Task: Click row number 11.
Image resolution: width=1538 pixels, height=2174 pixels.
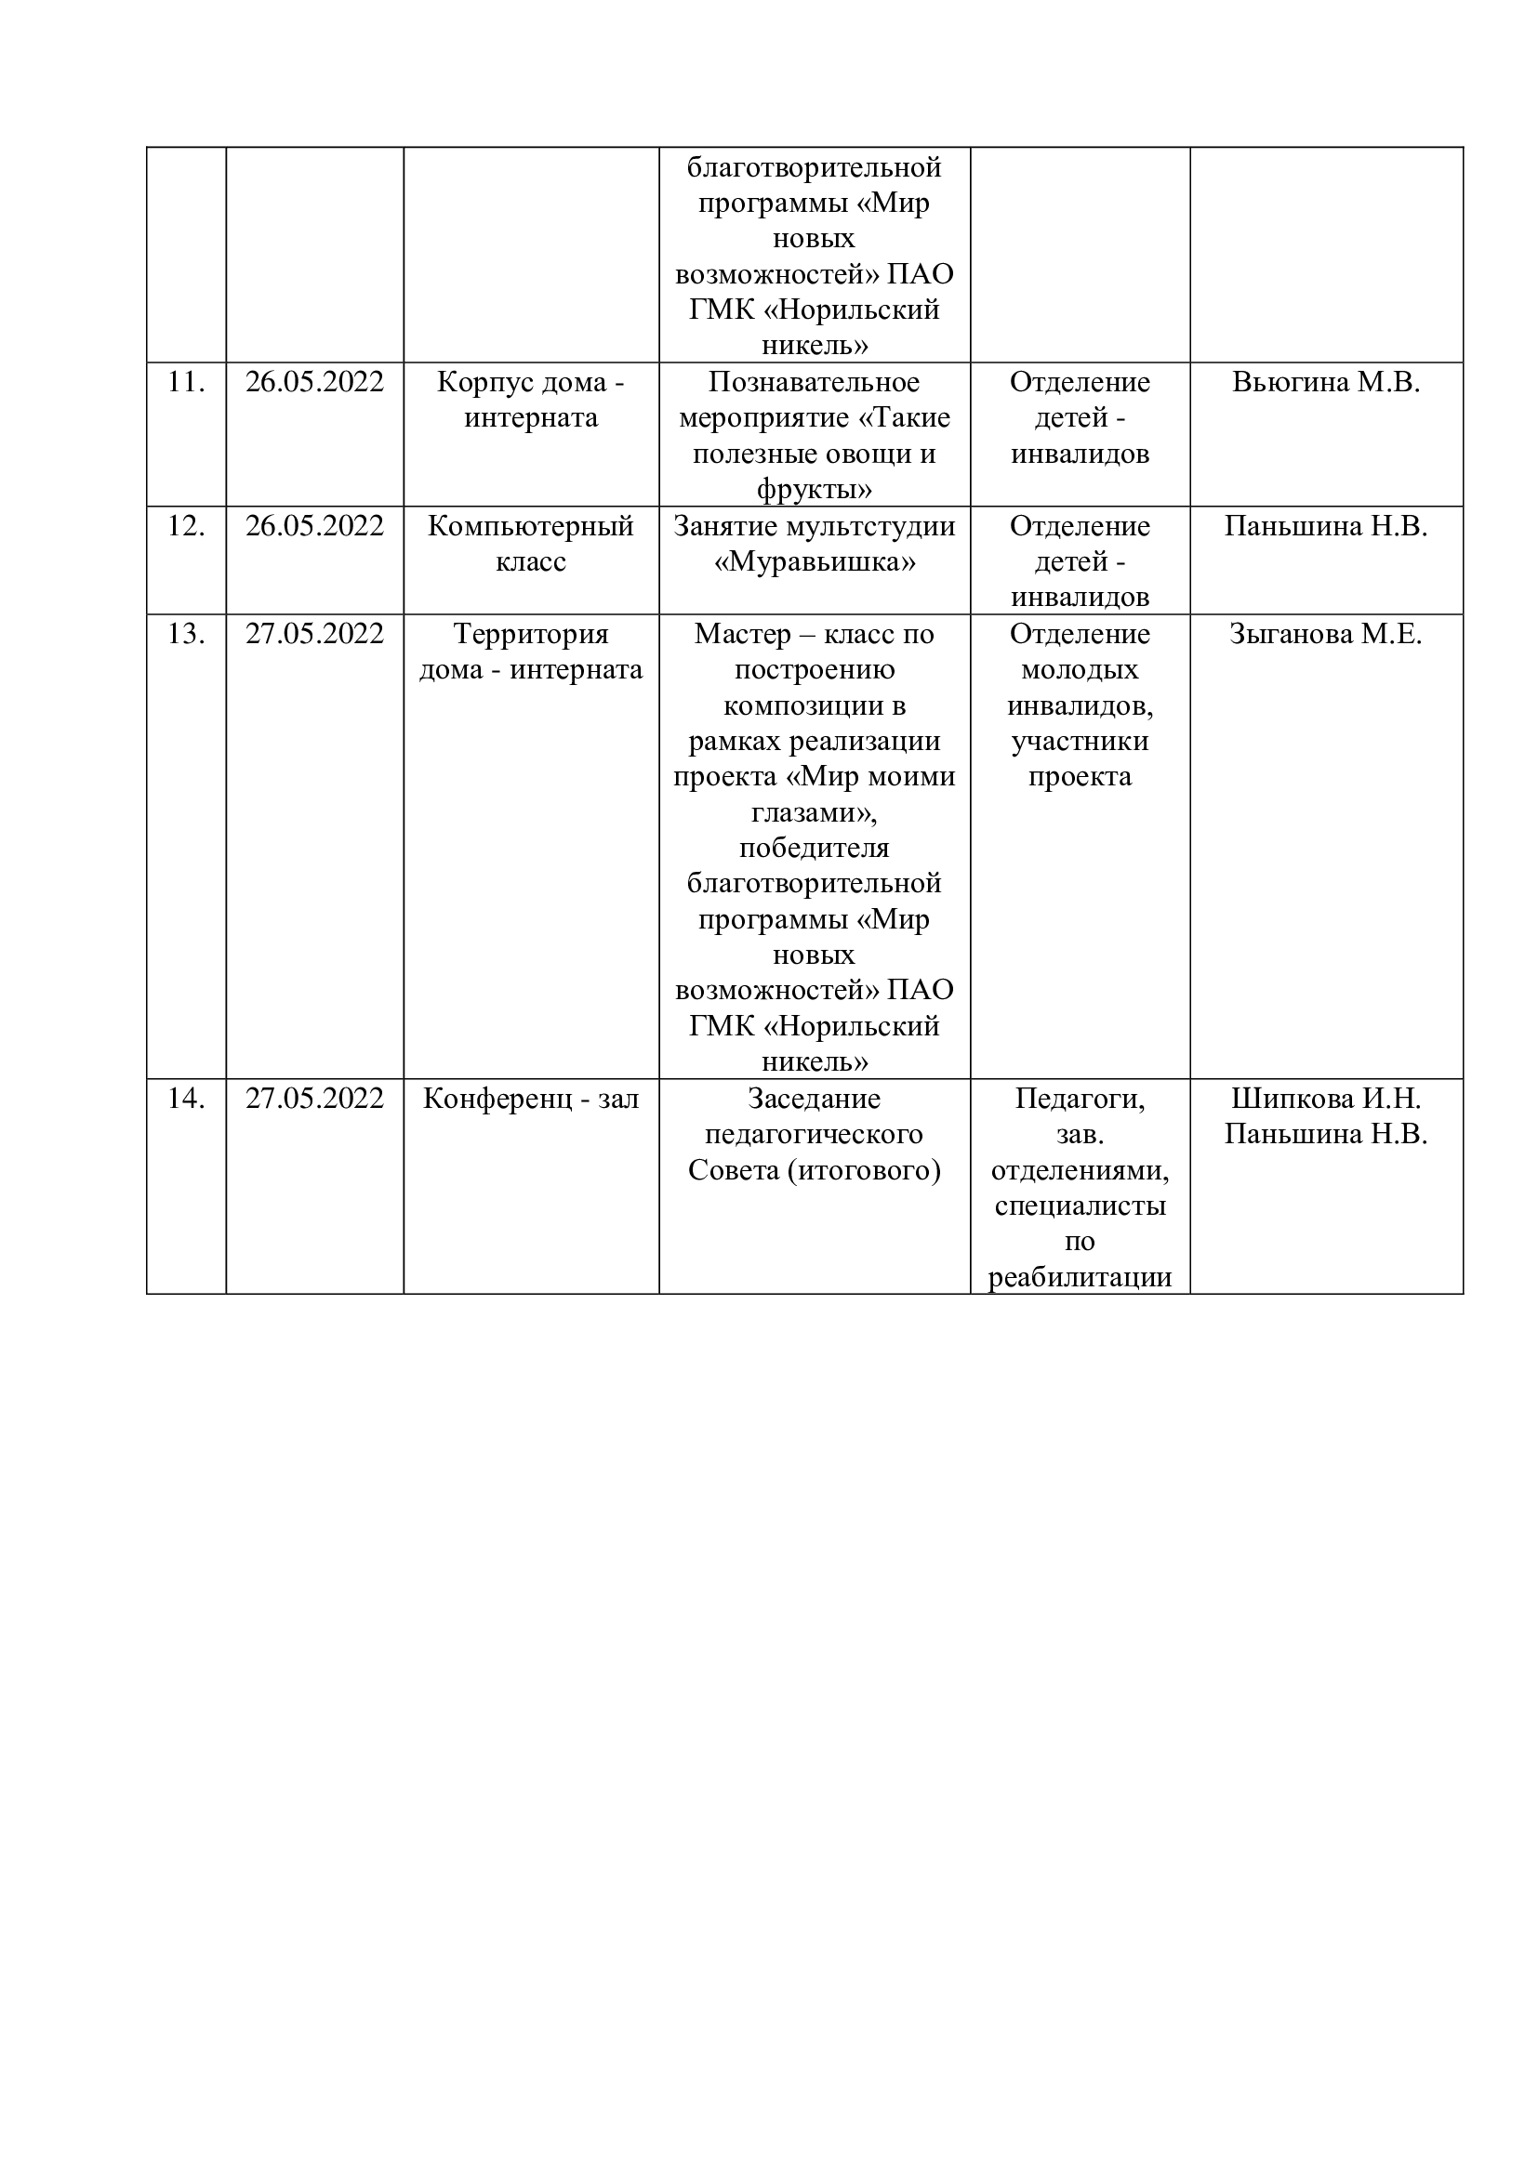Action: [186, 383]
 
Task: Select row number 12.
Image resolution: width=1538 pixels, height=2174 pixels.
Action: [186, 526]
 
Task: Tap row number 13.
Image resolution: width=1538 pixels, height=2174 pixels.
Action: [186, 635]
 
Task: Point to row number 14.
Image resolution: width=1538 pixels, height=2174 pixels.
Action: [186, 1100]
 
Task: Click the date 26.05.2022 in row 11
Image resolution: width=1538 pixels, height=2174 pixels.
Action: [314, 383]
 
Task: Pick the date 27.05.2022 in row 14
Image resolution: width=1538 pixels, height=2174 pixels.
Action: [314, 1100]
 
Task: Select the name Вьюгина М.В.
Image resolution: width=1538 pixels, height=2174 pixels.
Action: [1326, 383]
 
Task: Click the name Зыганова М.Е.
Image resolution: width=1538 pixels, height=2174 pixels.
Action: [1326, 635]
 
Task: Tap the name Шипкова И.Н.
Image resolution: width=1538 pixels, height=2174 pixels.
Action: [1326, 1100]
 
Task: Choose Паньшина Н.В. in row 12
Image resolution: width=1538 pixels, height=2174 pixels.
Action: [1326, 526]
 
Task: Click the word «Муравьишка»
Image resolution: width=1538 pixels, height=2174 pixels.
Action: [815, 562]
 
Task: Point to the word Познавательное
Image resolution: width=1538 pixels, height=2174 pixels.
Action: [815, 383]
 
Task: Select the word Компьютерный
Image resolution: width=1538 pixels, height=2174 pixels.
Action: [530, 526]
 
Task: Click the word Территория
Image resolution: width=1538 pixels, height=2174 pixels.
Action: [530, 635]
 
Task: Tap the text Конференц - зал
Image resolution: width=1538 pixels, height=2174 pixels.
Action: [530, 1100]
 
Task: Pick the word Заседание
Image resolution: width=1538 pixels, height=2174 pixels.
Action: [815, 1100]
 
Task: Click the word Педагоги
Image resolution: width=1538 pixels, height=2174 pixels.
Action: [1080, 1100]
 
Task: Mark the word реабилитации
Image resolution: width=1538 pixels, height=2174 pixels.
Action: [1080, 1278]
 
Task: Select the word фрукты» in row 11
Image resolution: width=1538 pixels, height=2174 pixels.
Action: [815, 491]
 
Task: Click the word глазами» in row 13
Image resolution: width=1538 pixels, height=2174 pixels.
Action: [815, 812]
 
